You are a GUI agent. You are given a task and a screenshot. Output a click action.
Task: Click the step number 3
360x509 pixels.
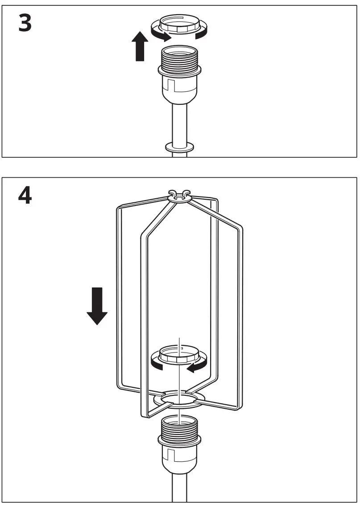point(25,23)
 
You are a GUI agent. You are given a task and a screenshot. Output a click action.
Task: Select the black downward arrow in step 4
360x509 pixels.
point(97,306)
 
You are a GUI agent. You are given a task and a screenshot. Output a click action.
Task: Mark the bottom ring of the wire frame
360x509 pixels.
point(178,398)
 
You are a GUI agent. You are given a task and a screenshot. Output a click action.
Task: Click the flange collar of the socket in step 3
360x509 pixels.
point(178,70)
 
